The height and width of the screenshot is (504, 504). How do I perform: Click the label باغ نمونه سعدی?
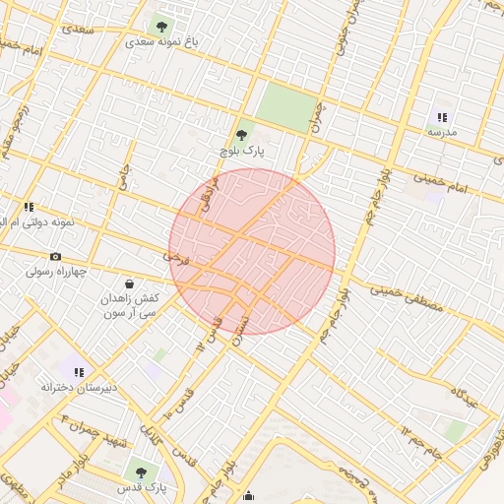point(162,43)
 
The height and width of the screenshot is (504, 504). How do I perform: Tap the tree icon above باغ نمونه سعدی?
point(162,27)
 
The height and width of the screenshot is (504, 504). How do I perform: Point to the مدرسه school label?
point(441,131)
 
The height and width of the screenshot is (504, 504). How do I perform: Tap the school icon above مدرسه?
point(441,117)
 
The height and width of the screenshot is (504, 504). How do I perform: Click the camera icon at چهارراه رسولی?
point(55,257)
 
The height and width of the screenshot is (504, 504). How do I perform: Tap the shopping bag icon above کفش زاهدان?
point(130,283)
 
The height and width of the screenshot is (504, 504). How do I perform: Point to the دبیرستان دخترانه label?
point(79,387)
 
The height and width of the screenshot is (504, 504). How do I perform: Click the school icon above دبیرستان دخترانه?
point(79,372)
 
